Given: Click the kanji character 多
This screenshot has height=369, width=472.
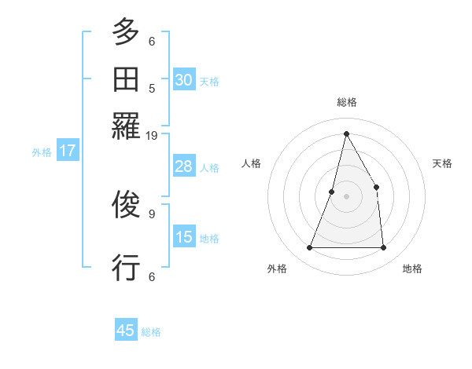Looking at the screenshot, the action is (x=127, y=34).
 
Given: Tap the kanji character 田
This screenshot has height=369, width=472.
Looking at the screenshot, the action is (x=127, y=80).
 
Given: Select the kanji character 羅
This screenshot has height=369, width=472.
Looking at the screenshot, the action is (x=127, y=126).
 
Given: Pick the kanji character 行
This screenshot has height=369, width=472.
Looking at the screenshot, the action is (x=127, y=267).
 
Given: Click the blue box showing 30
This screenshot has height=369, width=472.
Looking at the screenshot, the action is (x=184, y=79).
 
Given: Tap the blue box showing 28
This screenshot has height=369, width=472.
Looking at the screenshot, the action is (x=184, y=166).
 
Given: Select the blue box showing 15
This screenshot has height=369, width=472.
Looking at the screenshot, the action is (x=184, y=237).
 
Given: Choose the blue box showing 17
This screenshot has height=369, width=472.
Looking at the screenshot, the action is (x=67, y=151).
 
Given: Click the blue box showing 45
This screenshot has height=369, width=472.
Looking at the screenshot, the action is (x=126, y=331).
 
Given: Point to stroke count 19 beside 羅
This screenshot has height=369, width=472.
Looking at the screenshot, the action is (x=152, y=136).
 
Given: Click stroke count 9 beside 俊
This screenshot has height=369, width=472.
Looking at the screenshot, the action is (x=152, y=213).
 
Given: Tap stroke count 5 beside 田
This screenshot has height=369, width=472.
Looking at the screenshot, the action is (x=152, y=89).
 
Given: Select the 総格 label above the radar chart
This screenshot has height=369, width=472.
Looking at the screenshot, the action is (x=346, y=102).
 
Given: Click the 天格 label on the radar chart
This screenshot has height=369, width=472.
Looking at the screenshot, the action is (x=442, y=163).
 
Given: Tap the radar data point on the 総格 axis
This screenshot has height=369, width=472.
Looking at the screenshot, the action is (x=346, y=133).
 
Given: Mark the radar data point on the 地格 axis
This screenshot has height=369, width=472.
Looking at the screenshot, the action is (x=383, y=247).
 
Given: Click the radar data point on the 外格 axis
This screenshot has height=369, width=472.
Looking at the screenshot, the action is (x=309, y=247).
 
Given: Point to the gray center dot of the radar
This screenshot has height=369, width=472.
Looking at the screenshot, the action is (x=346, y=196).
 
